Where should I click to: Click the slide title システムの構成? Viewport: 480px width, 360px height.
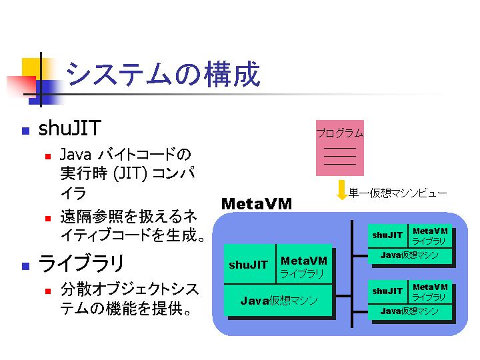click(x=163, y=74)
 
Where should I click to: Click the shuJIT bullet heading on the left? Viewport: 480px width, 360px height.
click(x=70, y=128)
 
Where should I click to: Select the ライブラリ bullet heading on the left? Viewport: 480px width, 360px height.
click(x=81, y=263)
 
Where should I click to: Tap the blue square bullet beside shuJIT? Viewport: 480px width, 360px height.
click(x=26, y=131)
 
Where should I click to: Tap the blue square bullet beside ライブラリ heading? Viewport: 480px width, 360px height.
click(x=26, y=266)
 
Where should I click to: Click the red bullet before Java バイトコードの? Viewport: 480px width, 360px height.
click(x=48, y=157)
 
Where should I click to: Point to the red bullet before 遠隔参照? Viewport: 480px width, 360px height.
click(x=48, y=218)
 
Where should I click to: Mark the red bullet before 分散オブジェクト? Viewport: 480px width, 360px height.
click(x=48, y=291)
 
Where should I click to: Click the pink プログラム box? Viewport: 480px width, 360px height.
click(x=340, y=148)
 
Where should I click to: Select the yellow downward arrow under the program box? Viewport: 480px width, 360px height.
click(x=341, y=190)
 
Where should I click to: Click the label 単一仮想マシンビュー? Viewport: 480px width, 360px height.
click(x=397, y=193)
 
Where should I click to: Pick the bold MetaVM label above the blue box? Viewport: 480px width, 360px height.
click(x=257, y=204)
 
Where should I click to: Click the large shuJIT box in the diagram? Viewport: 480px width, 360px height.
click(x=249, y=264)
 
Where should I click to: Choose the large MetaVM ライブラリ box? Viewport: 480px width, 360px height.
click(x=304, y=264)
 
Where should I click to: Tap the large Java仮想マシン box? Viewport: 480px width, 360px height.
click(x=278, y=300)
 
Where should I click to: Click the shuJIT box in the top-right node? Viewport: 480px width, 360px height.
click(x=387, y=235)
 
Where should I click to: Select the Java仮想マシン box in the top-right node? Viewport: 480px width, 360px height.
click(x=410, y=255)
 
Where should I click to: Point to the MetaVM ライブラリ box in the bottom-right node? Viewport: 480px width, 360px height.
click(x=430, y=292)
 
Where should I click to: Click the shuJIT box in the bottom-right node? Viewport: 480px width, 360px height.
click(x=387, y=292)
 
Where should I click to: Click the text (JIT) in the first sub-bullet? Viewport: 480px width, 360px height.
click(x=130, y=173)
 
